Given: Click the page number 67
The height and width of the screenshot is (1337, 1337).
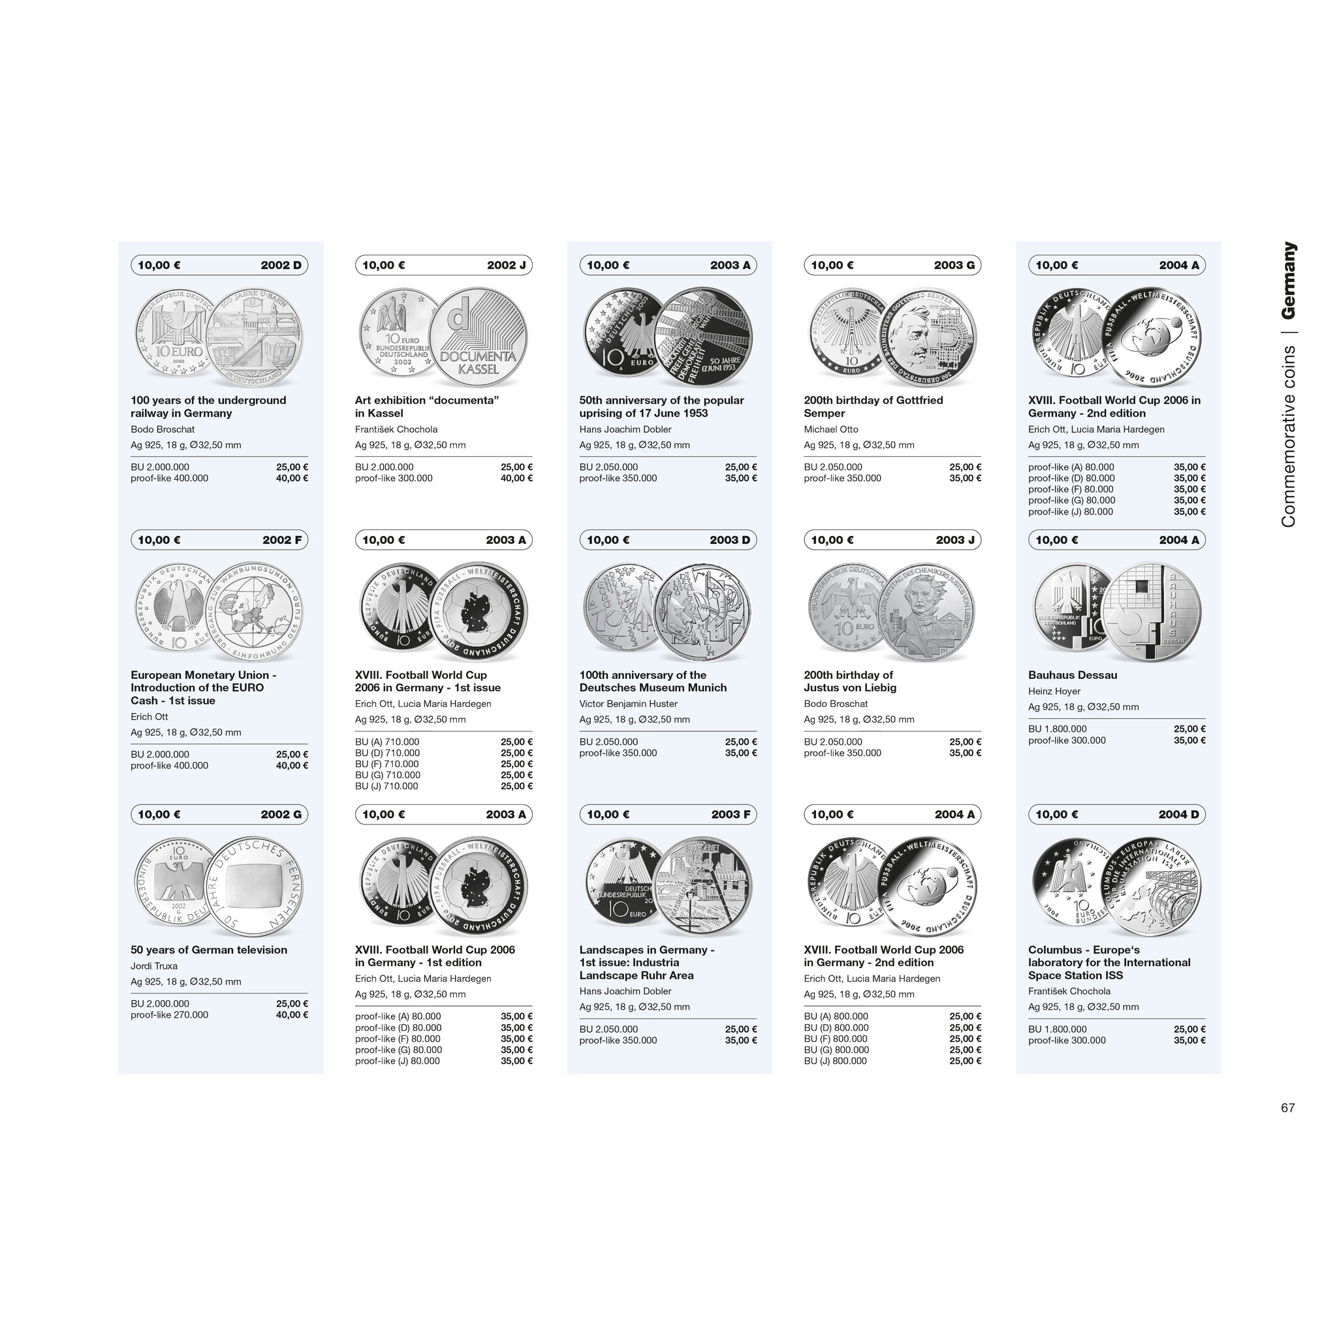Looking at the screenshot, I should (x=1287, y=1107).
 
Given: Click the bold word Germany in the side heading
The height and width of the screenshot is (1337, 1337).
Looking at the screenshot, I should (x=1288, y=280).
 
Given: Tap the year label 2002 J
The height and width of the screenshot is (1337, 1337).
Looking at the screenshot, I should (x=506, y=265).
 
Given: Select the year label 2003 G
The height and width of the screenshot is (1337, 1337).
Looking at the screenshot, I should (x=954, y=265).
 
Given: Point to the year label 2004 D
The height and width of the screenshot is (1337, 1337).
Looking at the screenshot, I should (x=1178, y=815).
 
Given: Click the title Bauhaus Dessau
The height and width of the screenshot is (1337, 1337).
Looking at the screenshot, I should (x=1072, y=675).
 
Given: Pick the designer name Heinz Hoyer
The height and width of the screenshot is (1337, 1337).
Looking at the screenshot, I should (x=1054, y=691).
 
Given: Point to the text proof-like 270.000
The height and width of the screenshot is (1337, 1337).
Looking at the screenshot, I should (x=170, y=1015).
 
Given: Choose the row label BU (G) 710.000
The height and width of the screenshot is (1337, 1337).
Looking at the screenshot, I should (x=388, y=775).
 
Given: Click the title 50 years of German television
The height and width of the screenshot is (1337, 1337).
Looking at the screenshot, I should (x=209, y=949).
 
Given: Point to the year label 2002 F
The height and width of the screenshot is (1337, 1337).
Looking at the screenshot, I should (x=281, y=540).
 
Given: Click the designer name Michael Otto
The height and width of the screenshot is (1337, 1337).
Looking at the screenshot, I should (x=831, y=429).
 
